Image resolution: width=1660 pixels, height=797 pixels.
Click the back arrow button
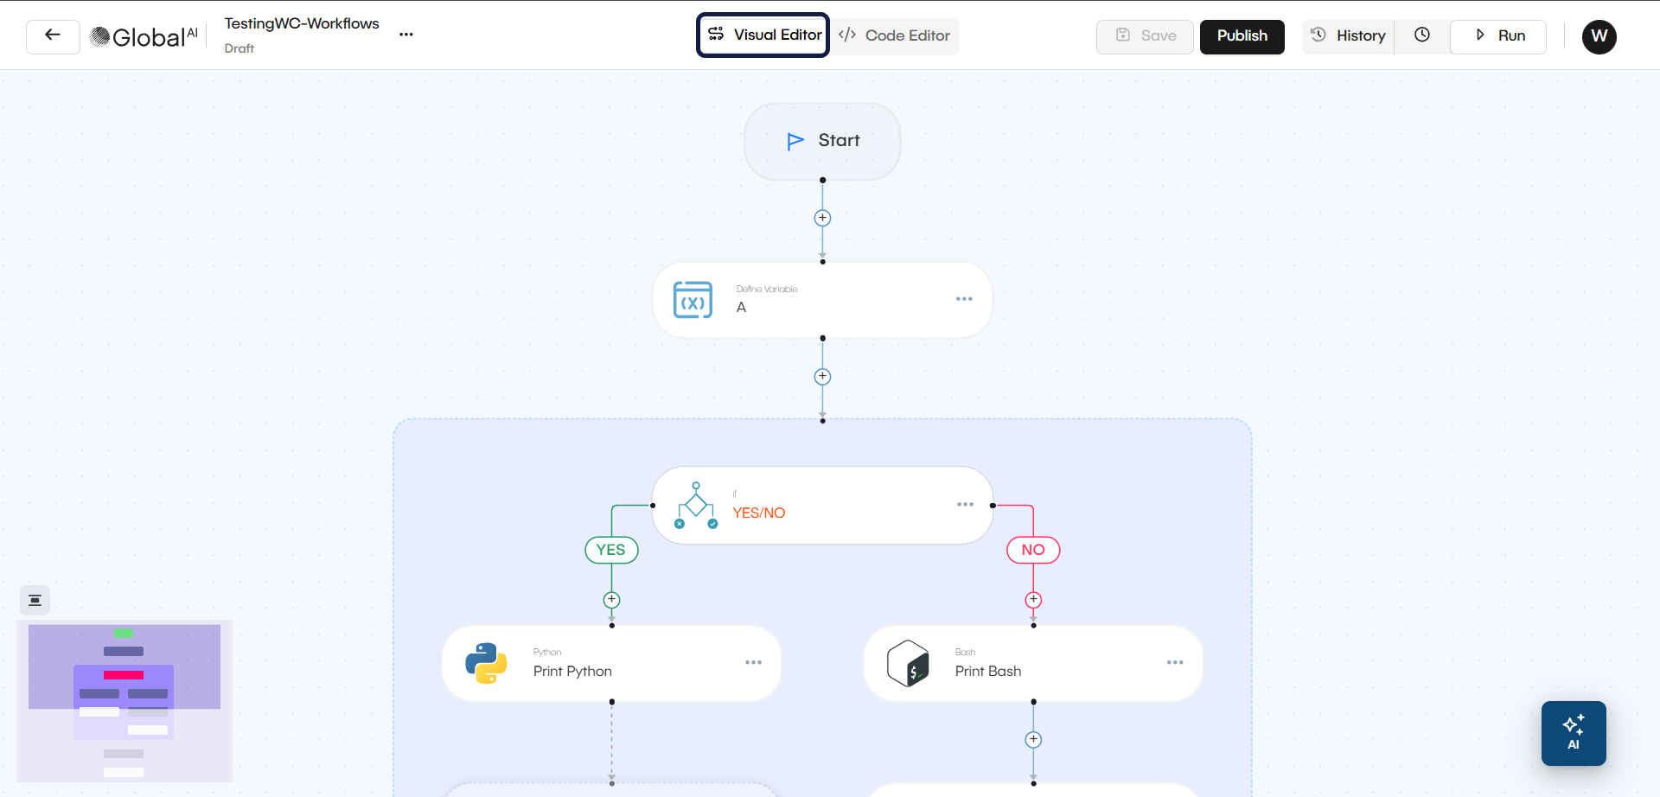[53, 36]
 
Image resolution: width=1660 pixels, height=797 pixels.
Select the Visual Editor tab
[763, 35]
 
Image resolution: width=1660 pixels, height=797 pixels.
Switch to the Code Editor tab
[895, 36]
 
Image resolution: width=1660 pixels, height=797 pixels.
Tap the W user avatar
[1599, 36]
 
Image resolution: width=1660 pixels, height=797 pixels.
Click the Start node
[822, 141]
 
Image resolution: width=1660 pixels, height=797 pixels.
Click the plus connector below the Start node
[822, 219]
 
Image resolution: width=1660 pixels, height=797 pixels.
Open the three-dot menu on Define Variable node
[964, 299]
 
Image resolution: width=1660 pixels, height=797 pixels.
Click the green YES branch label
[611, 550]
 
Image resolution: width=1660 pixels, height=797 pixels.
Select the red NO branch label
[1033, 550]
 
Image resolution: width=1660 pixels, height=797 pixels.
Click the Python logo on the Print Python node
[486, 664]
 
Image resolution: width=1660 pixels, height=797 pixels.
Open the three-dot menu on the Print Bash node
[1175, 663]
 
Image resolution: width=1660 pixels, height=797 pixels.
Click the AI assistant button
[1574, 733]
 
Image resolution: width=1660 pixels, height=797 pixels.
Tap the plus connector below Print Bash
[1033, 740]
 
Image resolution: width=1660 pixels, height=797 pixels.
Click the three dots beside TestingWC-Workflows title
[406, 35]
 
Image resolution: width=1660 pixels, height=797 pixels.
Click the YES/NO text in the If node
[759, 513]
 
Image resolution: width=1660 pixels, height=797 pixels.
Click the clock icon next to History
[1422, 35]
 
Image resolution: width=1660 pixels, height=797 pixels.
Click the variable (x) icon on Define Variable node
[693, 301]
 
